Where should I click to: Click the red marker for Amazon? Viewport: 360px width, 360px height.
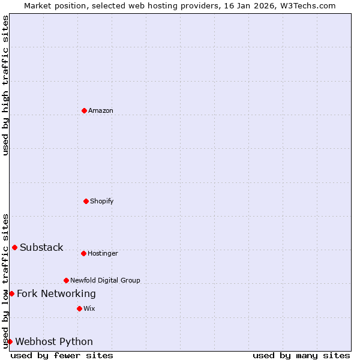(84, 110)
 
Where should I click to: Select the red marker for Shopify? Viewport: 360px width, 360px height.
(86, 201)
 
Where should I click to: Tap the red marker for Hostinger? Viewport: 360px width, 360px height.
(83, 253)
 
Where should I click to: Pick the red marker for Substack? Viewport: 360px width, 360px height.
(14, 247)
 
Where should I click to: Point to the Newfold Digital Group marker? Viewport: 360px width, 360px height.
(66, 280)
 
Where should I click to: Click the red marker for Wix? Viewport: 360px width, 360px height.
(79, 308)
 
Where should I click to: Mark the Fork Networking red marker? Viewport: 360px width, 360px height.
(11, 293)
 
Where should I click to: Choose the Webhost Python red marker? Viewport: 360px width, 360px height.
(10, 341)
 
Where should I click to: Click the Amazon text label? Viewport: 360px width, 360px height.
(101, 110)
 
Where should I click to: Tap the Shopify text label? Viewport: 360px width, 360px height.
(102, 201)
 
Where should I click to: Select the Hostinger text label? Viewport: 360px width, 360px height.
(103, 253)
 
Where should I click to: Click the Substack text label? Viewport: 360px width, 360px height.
(41, 248)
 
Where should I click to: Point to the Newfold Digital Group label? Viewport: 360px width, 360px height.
(105, 280)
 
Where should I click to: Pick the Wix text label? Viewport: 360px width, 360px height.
(89, 308)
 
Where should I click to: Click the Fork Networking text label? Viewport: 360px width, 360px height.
(56, 293)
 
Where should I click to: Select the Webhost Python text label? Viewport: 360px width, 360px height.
(54, 342)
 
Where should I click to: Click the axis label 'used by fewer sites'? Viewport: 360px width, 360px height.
(62, 355)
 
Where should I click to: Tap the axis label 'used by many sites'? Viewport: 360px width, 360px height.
(301, 355)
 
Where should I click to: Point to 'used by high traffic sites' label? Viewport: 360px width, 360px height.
(5, 85)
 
